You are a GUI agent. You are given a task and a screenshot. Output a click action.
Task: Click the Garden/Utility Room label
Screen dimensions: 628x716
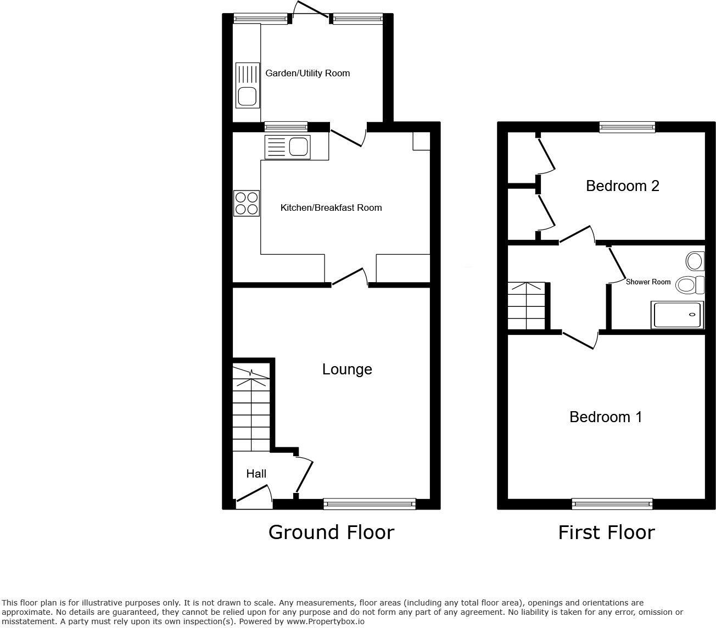(x=307, y=73)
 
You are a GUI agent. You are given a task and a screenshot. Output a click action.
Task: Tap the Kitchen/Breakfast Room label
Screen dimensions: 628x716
(x=331, y=208)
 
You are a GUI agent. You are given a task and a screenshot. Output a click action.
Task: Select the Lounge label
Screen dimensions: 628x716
(x=346, y=369)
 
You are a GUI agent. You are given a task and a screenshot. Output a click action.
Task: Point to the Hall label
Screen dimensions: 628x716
(x=256, y=474)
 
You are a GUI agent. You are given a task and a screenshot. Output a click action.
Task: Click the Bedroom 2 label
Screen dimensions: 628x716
(x=622, y=186)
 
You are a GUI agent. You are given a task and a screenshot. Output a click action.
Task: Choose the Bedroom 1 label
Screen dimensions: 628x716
(x=605, y=417)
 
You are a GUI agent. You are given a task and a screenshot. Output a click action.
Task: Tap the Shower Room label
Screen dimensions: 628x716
(x=648, y=282)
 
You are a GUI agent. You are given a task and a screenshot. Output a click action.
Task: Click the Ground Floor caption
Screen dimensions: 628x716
(x=331, y=532)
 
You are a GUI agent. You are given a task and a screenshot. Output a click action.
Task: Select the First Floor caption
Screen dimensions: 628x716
(x=606, y=532)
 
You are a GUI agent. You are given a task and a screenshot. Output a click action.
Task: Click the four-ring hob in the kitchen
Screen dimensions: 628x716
(x=247, y=203)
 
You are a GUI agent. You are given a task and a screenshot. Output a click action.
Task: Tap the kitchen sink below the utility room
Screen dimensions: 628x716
(x=287, y=147)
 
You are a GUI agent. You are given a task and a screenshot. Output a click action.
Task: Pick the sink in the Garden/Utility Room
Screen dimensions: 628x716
(x=247, y=85)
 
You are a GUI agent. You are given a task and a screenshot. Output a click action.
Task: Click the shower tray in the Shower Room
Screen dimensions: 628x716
(x=676, y=315)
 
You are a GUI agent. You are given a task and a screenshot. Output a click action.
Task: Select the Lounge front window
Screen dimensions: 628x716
(x=370, y=503)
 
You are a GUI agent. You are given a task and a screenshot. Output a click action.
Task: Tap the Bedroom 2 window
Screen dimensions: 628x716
(x=628, y=127)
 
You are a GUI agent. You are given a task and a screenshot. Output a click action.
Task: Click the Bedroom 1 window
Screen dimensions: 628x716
(x=612, y=503)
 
